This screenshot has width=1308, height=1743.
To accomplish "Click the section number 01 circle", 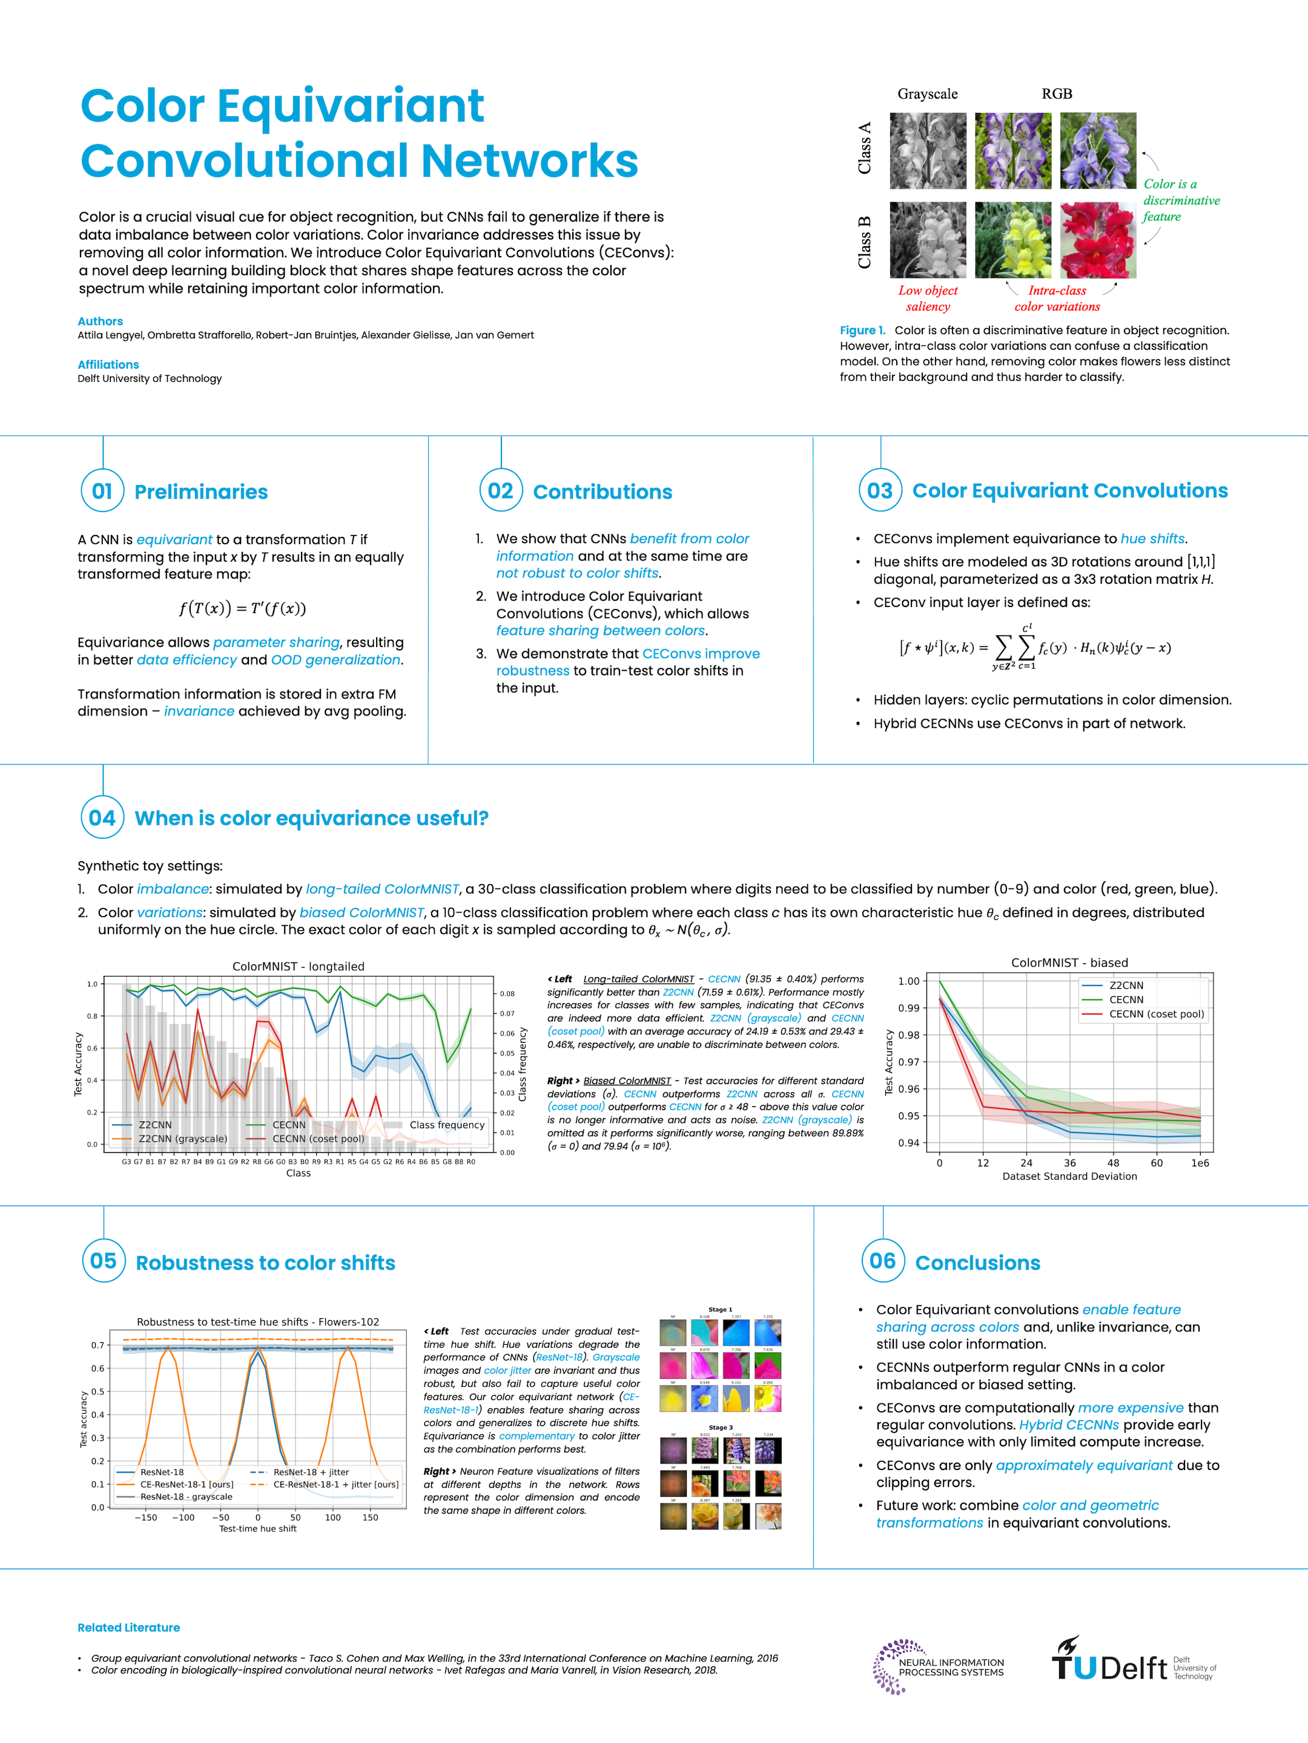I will click(x=102, y=491).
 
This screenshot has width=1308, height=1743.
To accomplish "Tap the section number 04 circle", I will click(x=102, y=817).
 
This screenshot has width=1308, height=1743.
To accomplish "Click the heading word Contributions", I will click(x=603, y=491).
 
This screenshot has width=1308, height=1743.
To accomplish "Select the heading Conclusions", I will click(x=977, y=1262).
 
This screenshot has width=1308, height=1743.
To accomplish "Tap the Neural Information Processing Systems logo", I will click(x=937, y=1667).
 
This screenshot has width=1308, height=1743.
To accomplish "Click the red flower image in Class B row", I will click(x=1097, y=240).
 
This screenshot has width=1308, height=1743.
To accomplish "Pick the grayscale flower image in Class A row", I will click(x=928, y=151).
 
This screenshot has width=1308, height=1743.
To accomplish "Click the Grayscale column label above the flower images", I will click(x=927, y=94).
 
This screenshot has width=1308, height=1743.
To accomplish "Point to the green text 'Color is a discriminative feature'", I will click(x=1180, y=200).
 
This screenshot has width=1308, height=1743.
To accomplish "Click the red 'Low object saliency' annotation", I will click(x=928, y=298).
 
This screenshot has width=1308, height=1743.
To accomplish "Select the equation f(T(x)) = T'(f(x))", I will click(x=242, y=608).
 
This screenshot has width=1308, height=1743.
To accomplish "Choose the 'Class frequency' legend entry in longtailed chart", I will click(x=446, y=1124).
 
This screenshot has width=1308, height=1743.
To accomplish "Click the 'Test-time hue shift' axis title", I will click(x=258, y=1528).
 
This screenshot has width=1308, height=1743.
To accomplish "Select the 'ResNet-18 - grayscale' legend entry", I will click(x=186, y=1496).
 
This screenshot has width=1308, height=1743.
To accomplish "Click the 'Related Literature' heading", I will click(x=128, y=1627).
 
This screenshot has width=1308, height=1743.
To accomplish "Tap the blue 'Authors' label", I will click(x=100, y=321).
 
